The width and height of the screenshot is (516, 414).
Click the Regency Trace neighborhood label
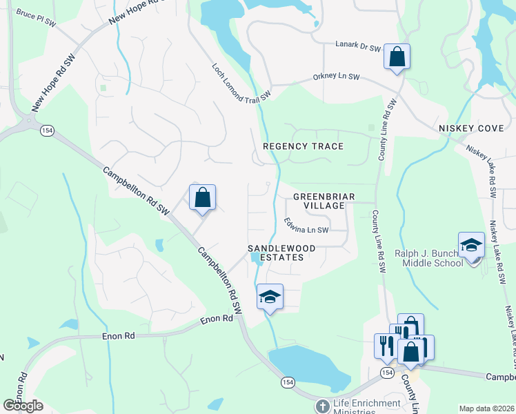click(303, 146)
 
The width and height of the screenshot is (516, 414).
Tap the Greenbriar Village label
click(324, 201)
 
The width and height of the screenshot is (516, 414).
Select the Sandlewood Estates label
click(282, 253)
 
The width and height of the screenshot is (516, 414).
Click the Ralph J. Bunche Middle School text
click(428, 258)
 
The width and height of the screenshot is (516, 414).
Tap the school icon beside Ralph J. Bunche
click(472, 246)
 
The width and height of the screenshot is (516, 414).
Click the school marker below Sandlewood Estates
click(270, 297)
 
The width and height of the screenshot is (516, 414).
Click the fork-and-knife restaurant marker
click(385, 345)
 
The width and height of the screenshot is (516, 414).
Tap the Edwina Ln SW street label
click(306, 226)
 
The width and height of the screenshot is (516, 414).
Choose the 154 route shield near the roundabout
click(47, 130)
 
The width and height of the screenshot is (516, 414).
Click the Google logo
click(22, 406)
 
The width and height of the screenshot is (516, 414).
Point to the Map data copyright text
click(486, 408)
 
